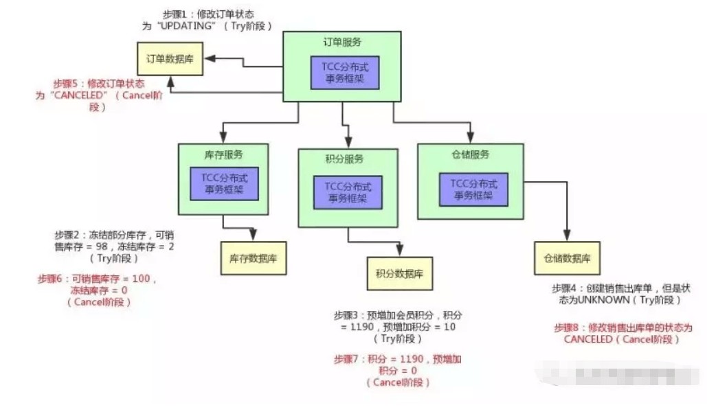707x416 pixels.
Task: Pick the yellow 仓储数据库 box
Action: [x=568, y=258]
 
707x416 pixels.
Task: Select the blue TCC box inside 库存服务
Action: [x=225, y=183]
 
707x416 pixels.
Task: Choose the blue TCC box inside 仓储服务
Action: [x=474, y=187]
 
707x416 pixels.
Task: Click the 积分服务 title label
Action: [x=345, y=159]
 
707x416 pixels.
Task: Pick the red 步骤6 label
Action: [x=52, y=279]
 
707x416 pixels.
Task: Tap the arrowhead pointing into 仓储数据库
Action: [x=568, y=237]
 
